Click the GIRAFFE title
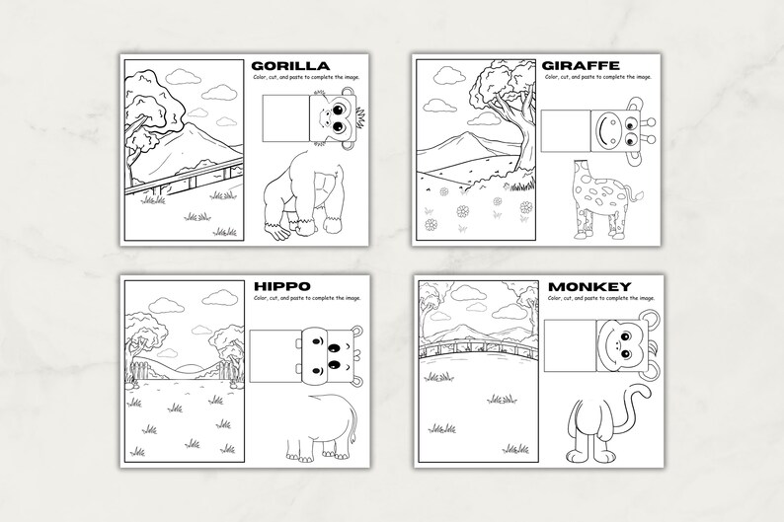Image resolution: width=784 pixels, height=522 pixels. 582,65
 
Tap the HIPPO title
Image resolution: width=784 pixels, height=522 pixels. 282,286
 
